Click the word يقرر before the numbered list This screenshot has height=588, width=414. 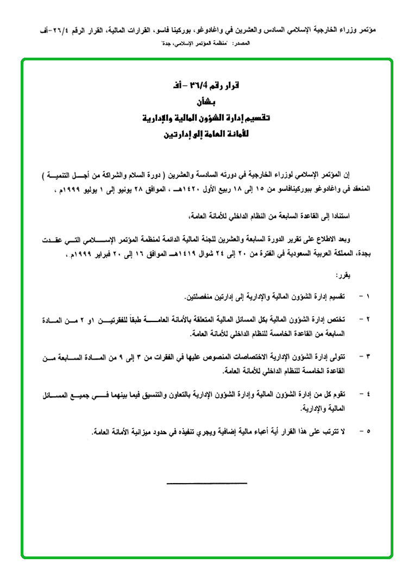click(x=343, y=276)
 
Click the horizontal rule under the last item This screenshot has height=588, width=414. click(x=206, y=483)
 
